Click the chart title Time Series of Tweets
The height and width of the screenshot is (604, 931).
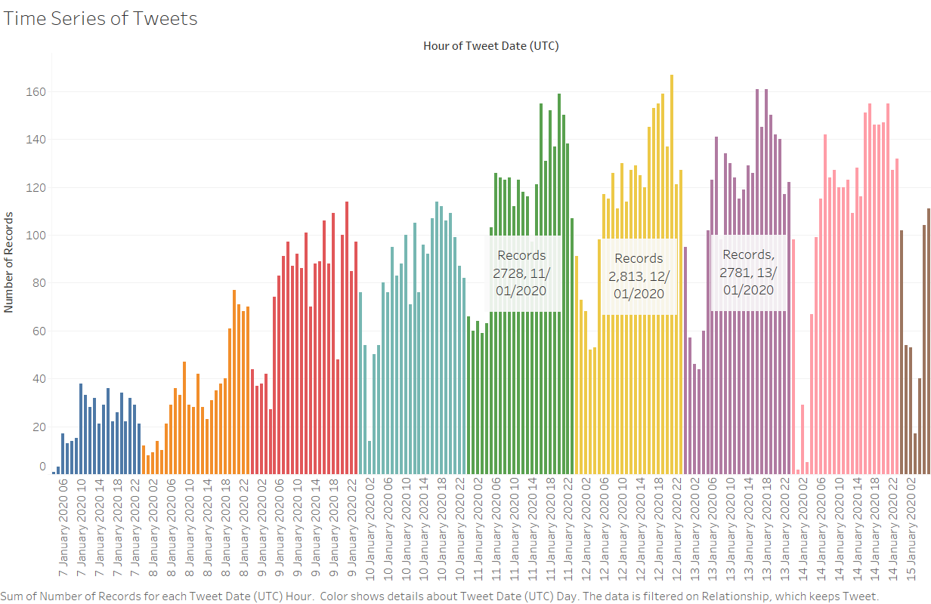101,19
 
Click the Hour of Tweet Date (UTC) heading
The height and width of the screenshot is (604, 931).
490,46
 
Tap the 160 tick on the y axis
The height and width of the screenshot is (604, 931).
37,92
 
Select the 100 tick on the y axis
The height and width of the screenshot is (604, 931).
37,236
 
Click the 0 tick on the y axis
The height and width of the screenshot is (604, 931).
42,467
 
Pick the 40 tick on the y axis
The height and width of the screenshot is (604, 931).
39,379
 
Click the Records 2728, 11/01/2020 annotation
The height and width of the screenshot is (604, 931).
521,273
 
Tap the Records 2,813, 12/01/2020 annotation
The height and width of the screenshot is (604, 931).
639,276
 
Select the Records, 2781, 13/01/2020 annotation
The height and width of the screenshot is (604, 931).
748,272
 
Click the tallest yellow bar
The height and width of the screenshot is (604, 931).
672,272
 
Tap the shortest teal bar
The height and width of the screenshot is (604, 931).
370,457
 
